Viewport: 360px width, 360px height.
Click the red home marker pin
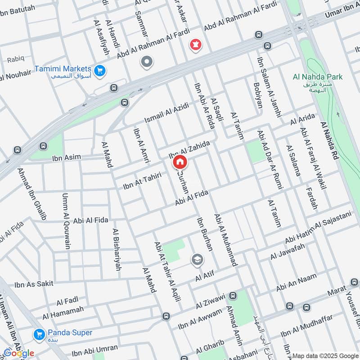click(x=180, y=162)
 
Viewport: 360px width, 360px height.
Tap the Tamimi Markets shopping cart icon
click(x=99, y=70)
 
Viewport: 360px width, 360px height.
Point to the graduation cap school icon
click(x=197, y=259)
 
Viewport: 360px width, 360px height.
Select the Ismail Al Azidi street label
click(x=165, y=113)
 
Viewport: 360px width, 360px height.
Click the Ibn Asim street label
click(x=66, y=157)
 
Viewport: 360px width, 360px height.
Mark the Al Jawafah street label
click(x=288, y=251)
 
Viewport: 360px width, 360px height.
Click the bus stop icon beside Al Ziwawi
click(x=233, y=296)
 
